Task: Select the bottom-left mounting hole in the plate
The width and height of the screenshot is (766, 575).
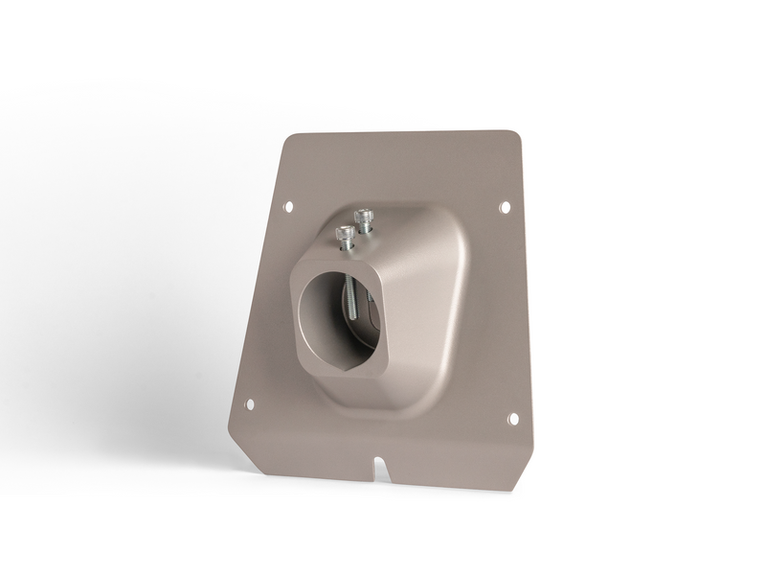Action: point(250,403)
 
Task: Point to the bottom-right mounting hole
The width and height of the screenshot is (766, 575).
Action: point(513,419)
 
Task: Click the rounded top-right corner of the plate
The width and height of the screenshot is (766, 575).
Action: point(515,137)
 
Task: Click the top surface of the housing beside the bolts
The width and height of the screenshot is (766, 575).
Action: point(402,230)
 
